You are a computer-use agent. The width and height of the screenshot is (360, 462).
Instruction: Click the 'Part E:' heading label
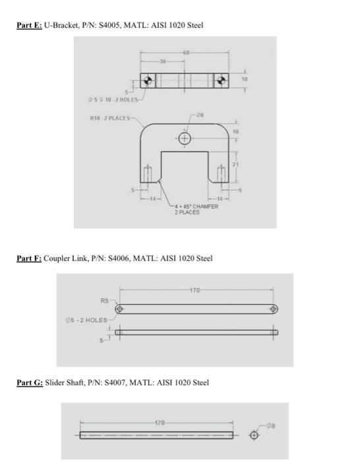click(29, 25)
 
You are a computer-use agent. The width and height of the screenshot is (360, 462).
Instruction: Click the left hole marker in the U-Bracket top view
click(150, 81)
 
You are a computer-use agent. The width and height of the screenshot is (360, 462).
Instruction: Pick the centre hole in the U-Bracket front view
click(185, 138)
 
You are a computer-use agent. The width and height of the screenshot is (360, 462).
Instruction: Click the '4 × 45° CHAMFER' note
click(196, 207)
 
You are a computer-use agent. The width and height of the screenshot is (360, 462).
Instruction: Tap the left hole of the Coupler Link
click(120, 309)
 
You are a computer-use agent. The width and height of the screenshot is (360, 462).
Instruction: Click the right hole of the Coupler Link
click(275, 309)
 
